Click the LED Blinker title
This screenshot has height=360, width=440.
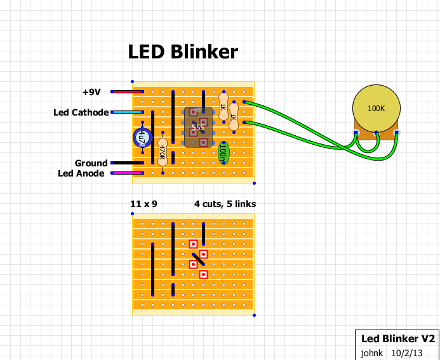click(183, 52)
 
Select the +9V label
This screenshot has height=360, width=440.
click(91, 92)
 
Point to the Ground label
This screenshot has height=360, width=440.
click(91, 163)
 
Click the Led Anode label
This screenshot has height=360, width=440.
click(81, 173)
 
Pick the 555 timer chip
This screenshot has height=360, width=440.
click(198, 127)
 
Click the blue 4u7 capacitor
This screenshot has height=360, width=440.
click(142, 137)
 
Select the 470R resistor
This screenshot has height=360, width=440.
click(163, 152)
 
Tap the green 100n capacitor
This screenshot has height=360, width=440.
click(223, 152)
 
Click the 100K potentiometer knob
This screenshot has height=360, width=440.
click(376, 109)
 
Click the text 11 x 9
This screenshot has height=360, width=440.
click(143, 204)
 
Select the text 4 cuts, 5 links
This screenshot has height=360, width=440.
click(225, 204)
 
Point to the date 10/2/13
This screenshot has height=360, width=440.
click(406, 352)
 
